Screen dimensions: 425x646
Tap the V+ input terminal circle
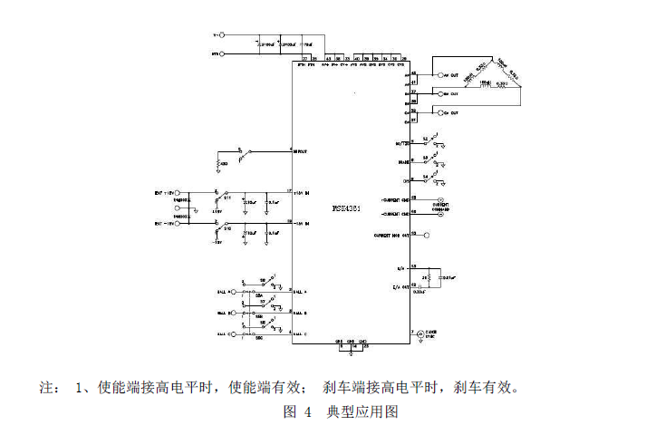click(223, 35)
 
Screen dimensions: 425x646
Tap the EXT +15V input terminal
click(178, 193)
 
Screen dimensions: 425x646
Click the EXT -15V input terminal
click(178, 222)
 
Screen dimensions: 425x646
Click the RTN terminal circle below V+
click(223, 54)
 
